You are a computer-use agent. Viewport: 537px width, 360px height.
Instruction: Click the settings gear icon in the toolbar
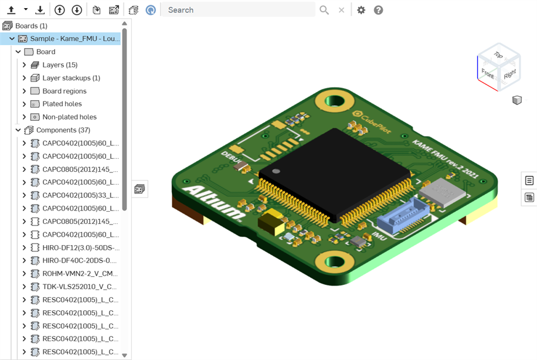[361, 10]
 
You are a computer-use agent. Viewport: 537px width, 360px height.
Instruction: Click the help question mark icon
[379, 10]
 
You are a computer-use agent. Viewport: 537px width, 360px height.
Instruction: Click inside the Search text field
[237, 10]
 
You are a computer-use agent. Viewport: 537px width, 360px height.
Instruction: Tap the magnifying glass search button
[324, 10]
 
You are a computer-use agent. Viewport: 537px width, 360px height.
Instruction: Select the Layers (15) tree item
[59, 65]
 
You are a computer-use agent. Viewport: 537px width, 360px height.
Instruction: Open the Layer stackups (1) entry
[70, 78]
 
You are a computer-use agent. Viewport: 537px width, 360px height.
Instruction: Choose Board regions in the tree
[64, 91]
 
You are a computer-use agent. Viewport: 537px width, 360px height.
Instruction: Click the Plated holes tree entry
[62, 104]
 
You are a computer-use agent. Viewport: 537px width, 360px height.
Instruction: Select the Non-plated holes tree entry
[69, 117]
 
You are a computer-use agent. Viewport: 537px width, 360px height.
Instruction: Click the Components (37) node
[63, 130]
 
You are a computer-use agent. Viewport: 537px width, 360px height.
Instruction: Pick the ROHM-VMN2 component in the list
[80, 274]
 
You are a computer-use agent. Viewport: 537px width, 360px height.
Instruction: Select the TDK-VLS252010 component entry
[79, 287]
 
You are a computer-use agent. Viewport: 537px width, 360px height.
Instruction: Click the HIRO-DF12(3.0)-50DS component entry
[80, 247]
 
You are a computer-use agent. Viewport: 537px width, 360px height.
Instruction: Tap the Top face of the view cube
[498, 56]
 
